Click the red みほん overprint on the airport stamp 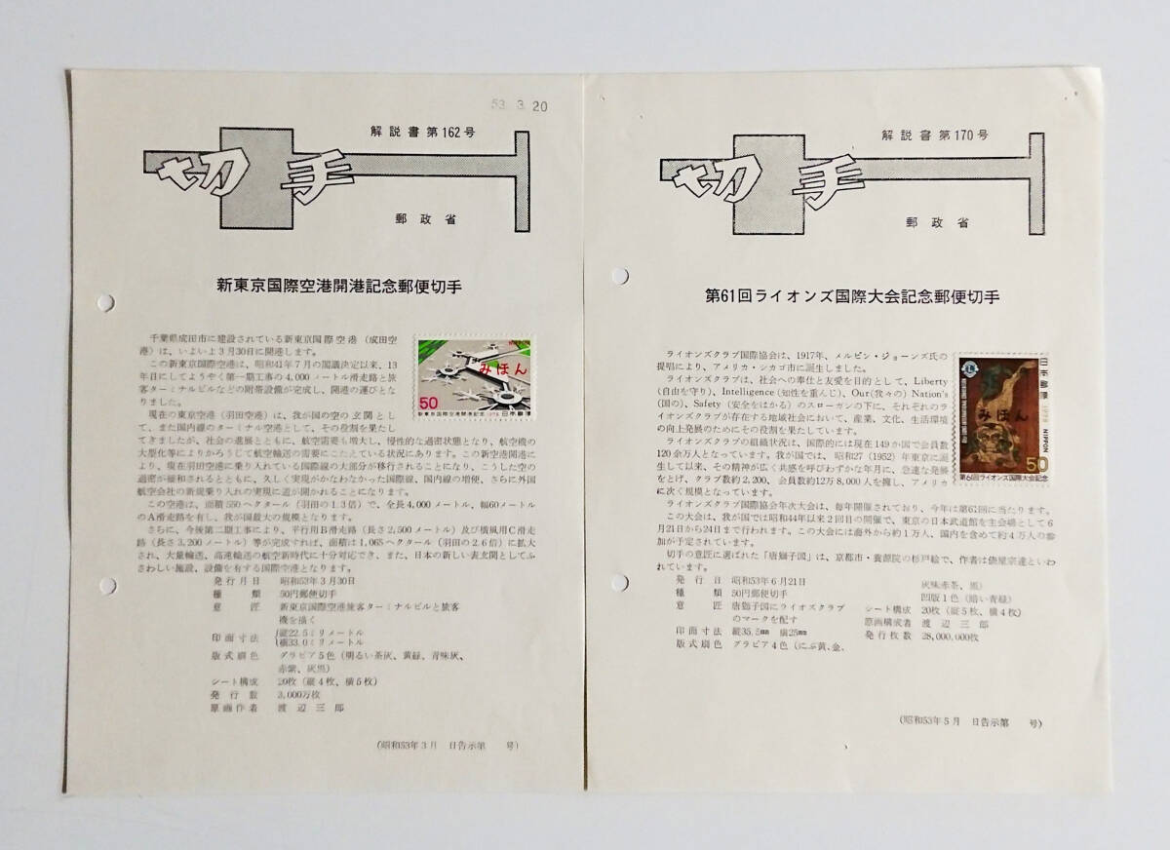[484, 368]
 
